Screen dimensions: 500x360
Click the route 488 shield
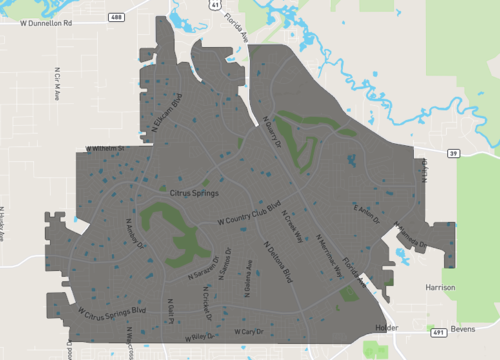coord(117,17)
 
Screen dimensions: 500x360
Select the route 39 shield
coord(453,153)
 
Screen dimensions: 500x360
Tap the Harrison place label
coord(440,287)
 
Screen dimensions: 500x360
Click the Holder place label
coord(385,327)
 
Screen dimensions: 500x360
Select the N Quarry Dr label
coord(270,132)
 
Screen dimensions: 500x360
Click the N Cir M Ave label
coord(56,84)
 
